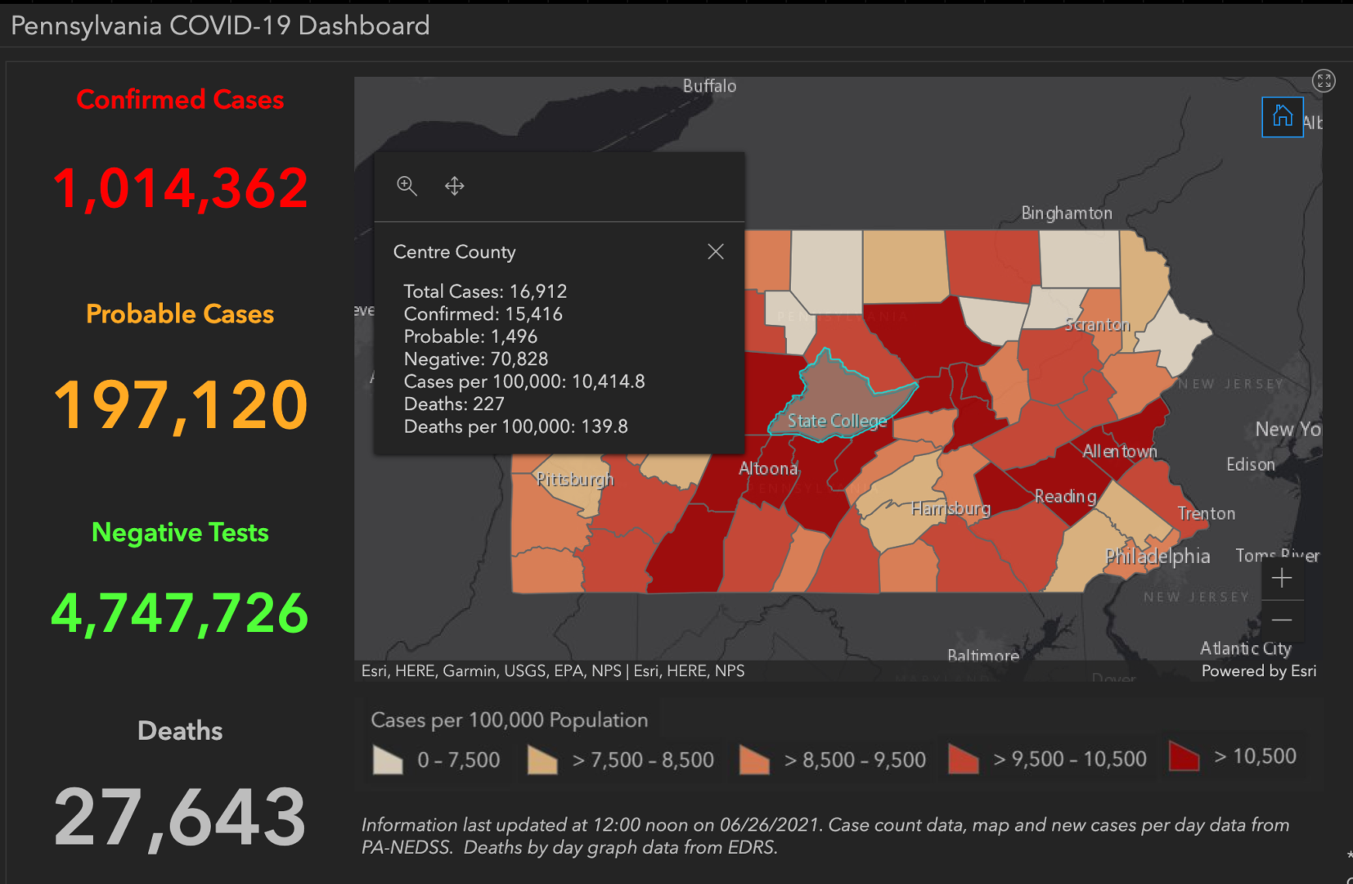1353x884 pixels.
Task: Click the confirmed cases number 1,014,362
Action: tap(180, 188)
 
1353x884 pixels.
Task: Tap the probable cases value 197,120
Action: tap(180, 404)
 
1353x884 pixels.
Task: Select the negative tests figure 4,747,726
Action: tap(180, 613)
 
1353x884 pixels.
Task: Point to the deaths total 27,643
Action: tap(180, 817)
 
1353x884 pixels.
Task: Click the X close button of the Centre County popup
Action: tap(716, 251)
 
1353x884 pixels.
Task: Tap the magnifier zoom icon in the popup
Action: tap(407, 186)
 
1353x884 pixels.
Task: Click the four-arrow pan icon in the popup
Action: tap(455, 186)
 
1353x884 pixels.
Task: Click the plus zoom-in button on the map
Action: tap(1282, 578)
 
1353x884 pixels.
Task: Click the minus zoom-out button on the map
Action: tap(1282, 620)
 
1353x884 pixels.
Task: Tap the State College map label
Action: tap(837, 421)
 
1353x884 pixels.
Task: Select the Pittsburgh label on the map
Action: tap(575, 479)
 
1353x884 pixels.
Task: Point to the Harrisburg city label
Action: tap(951, 508)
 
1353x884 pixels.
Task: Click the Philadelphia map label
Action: tap(1157, 557)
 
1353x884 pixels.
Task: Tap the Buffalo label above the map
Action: tap(709, 86)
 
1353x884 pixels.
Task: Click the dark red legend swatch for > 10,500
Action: tap(1184, 756)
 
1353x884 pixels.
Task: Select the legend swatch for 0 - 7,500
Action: tap(388, 760)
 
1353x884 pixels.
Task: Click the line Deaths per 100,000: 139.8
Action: tap(515, 426)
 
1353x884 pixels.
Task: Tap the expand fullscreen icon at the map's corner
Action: tap(1323, 80)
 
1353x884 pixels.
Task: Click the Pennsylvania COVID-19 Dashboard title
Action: tap(220, 25)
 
